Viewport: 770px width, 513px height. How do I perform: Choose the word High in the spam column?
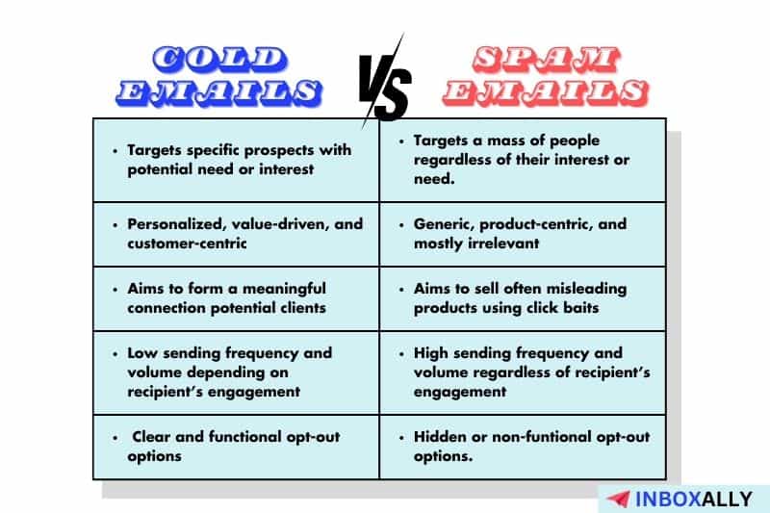[x=432, y=352]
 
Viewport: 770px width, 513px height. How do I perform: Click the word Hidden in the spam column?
[x=439, y=436]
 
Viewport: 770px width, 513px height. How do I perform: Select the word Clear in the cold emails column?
[x=152, y=436]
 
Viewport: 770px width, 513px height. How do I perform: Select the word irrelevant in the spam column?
[x=505, y=243]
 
